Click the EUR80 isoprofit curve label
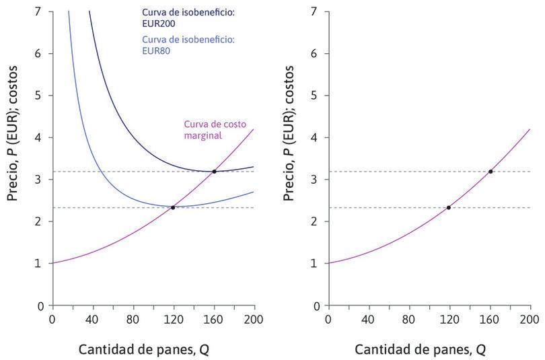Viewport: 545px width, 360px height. (x=188, y=45)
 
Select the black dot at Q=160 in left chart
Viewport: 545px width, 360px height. (x=214, y=172)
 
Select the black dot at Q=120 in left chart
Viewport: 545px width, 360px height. (x=173, y=207)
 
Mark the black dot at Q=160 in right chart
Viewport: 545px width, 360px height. (x=490, y=172)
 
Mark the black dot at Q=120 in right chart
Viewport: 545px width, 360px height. (x=449, y=207)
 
